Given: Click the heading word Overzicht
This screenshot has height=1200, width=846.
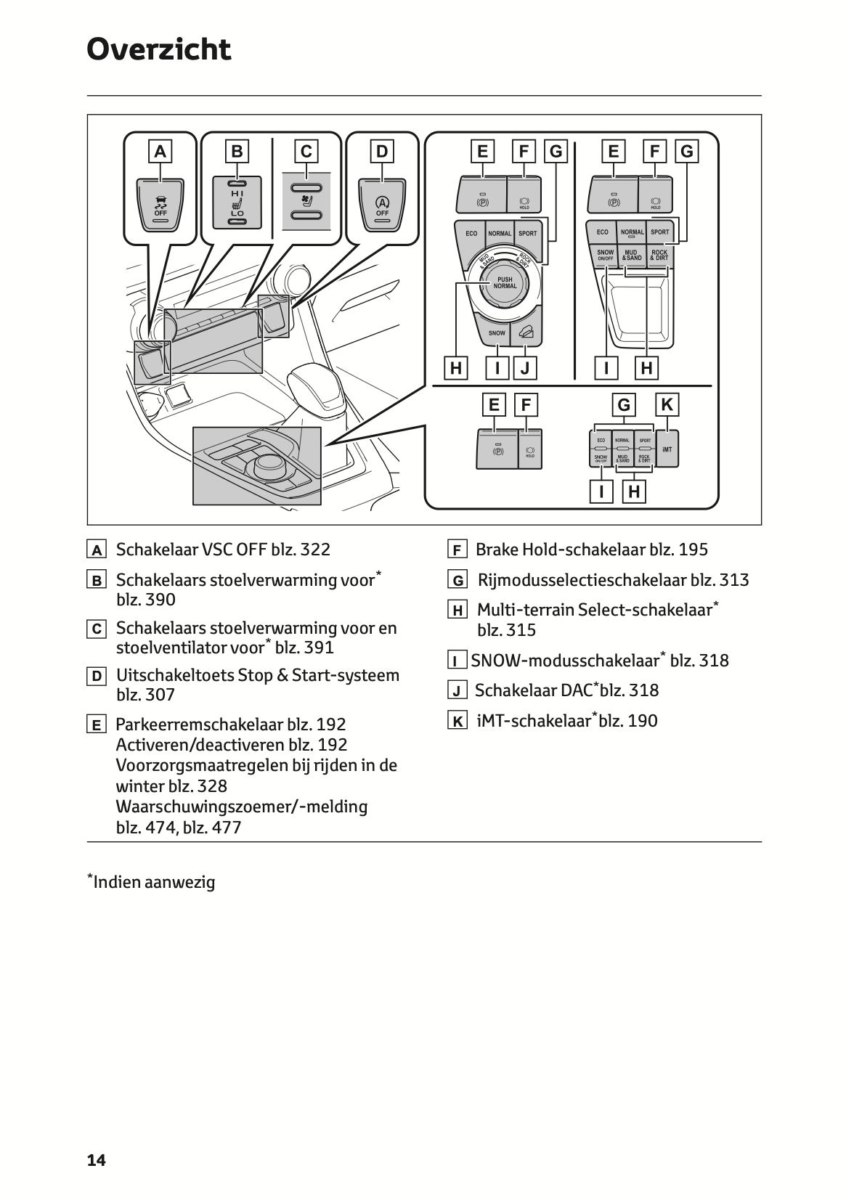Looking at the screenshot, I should [158, 50].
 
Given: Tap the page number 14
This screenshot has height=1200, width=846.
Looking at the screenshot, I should [96, 1160].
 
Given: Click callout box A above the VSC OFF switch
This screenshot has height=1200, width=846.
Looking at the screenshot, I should [160, 152].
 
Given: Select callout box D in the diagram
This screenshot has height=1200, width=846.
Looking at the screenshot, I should [382, 152].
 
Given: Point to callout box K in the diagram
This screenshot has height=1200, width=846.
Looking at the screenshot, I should [667, 404].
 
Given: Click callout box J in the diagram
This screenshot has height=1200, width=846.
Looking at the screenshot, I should [524, 368].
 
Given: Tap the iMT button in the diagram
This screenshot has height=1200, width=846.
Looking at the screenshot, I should [667, 449].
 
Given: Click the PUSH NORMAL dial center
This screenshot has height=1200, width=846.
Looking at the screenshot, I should [505, 283].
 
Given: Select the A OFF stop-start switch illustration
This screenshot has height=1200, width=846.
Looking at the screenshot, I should [382, 205].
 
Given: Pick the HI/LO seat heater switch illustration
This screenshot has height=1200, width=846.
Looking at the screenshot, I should [237, 203].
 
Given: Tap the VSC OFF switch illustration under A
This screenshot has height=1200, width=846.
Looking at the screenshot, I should [160, 205].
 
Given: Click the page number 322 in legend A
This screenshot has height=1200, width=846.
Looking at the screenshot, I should [315, 550].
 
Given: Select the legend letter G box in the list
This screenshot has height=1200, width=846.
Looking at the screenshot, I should [457, 581].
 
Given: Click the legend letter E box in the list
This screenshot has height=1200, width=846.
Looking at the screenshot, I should [96, 725].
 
